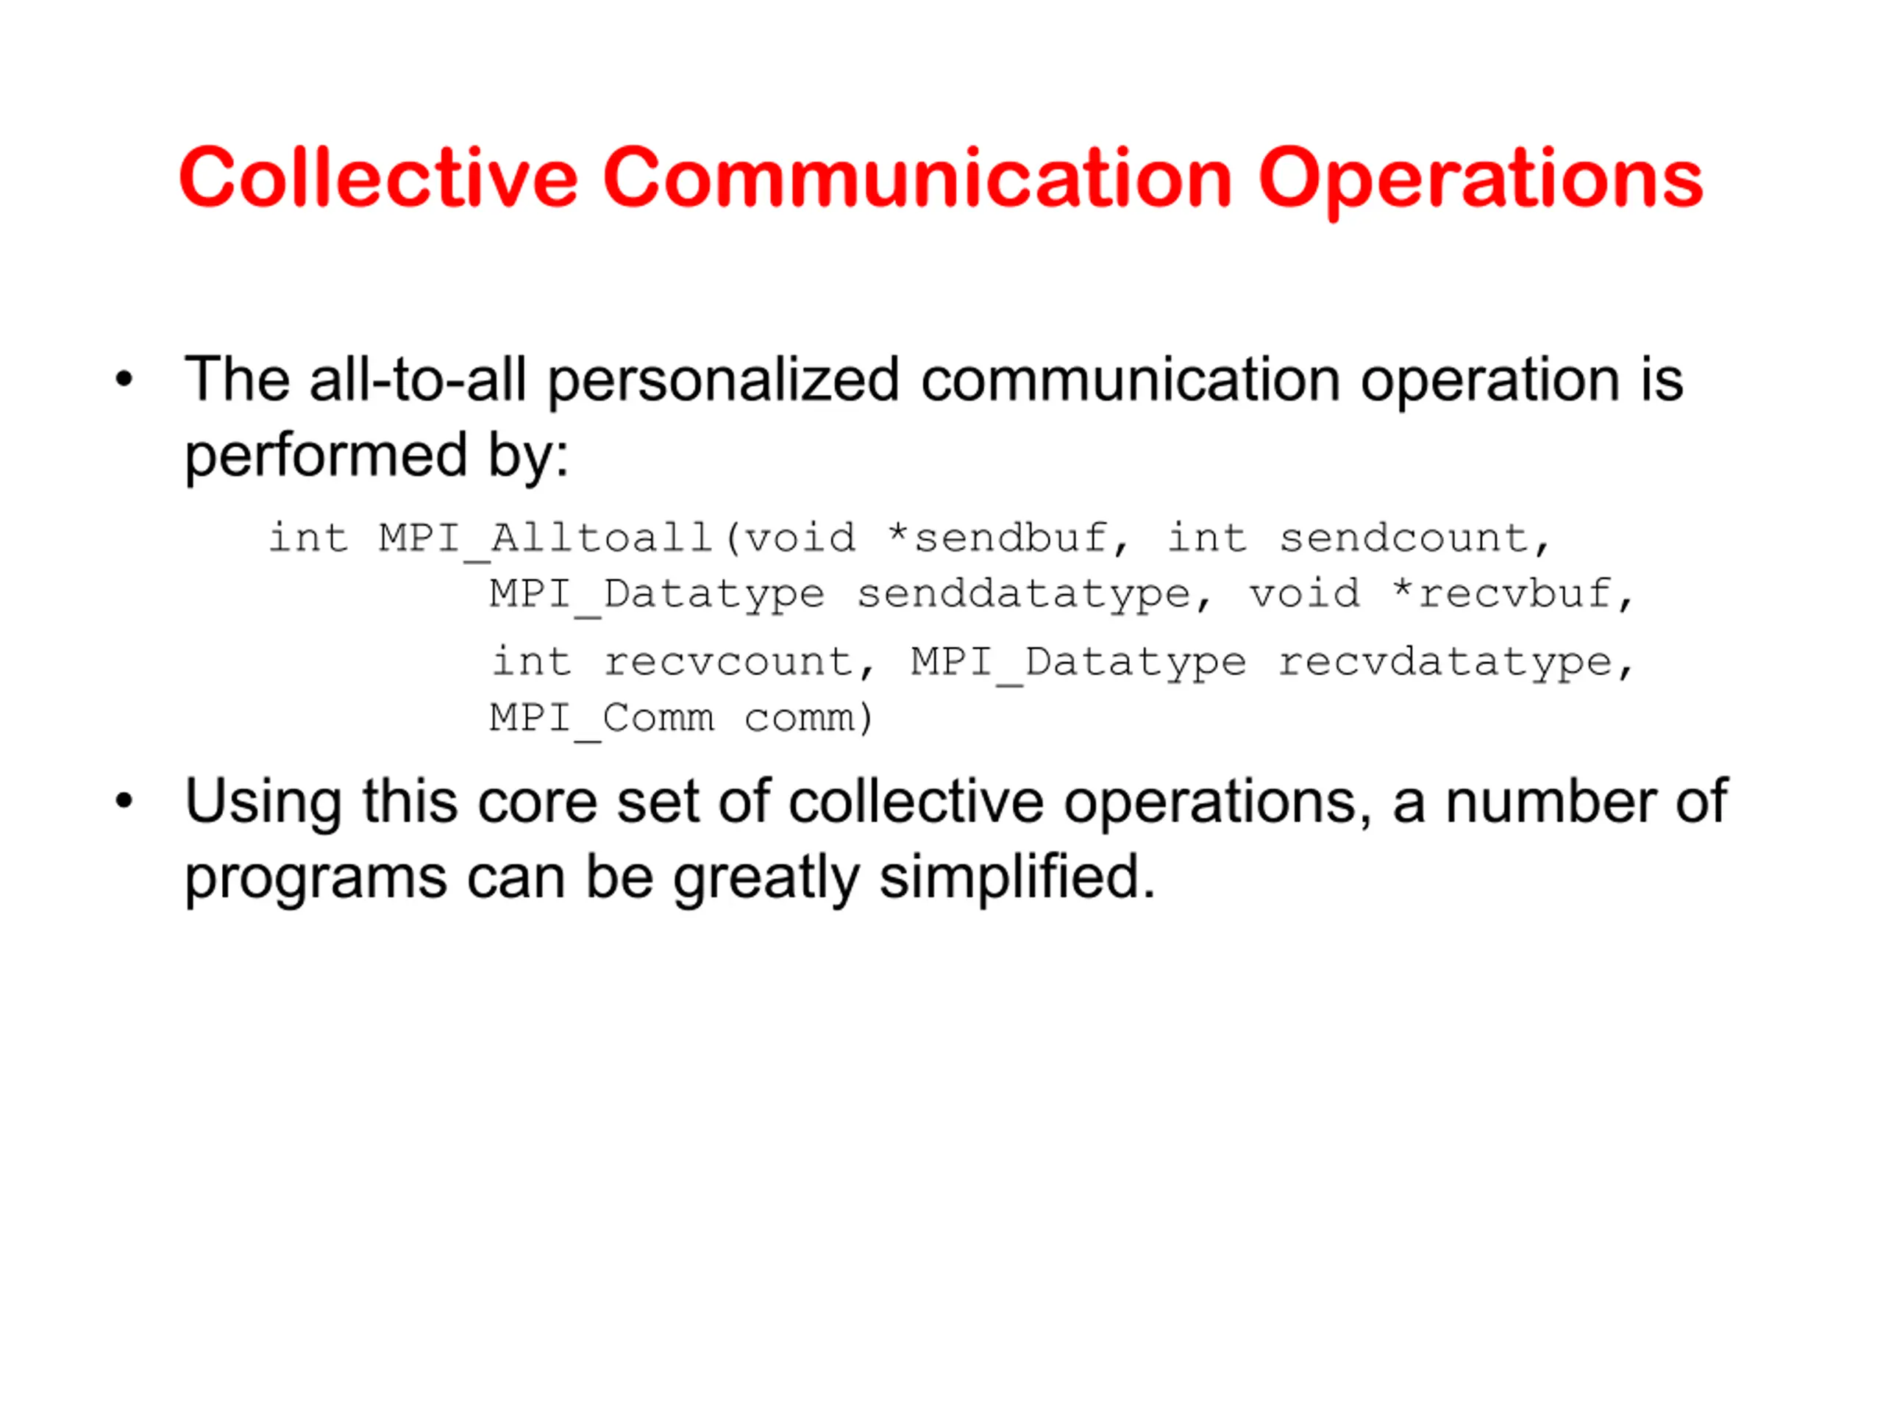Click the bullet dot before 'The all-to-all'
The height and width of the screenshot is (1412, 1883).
124,379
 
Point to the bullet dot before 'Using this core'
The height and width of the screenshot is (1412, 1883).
124,801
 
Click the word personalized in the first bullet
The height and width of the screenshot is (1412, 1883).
723,381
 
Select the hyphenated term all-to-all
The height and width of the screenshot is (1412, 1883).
418,379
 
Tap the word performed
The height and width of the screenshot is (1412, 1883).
326,457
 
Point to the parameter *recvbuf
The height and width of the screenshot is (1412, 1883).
1502,593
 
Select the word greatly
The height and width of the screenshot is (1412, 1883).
766,880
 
